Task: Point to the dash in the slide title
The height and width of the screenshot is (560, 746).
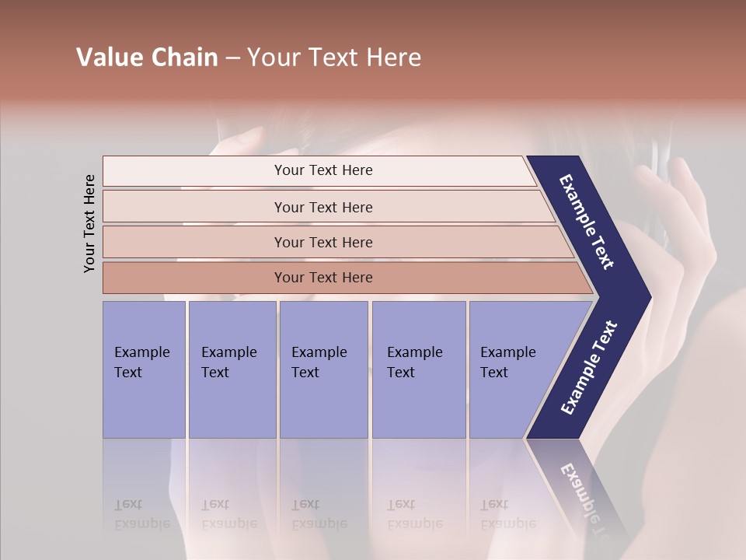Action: tap(232, 58)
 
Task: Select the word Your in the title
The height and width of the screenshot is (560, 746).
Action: tap(273, 58)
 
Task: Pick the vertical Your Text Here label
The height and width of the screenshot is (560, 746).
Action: tap(89, 223)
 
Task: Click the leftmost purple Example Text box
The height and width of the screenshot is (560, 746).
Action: tap(144, 369)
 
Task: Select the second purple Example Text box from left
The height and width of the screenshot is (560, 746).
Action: tap(232, 369)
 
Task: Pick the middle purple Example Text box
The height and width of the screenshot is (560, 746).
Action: tap(323, 369)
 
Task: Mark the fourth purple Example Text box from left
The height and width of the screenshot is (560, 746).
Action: tap(418, 369)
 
